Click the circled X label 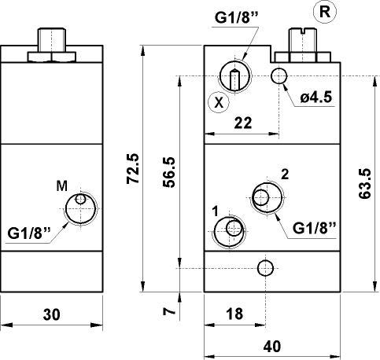coord(219,102)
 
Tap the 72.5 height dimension coord(132,167)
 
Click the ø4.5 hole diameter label coord(318,98)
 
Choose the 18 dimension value coord(234,313)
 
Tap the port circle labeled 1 coord(231,229)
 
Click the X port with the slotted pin coord(234,76)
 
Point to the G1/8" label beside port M coord(29,233)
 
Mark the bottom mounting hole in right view coord(266,268)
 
